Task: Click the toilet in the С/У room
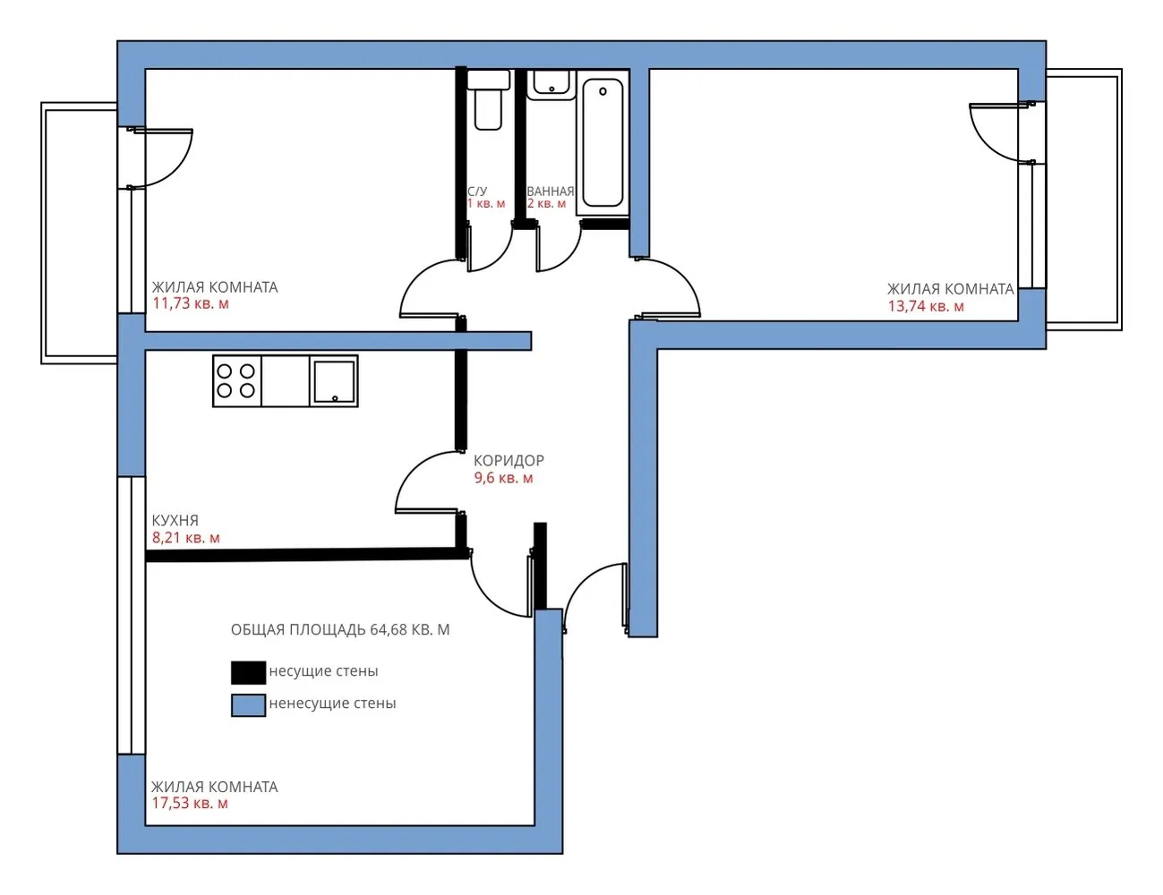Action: [x=488, y=100]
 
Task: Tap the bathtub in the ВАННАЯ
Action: [x=603, y=142]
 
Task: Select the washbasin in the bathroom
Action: [x=552, y=84]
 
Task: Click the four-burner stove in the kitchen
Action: [x=236, y=381]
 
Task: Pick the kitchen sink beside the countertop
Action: [x=334, y=381]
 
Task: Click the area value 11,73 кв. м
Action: [x=191, y=304]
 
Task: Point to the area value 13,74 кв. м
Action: [x=926, y=306]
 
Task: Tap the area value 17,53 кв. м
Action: [x=190, y=804]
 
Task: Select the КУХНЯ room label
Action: [x=175, y=521]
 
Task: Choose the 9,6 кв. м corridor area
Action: [x=504, y=478]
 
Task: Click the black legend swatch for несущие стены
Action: [x=248, y=672]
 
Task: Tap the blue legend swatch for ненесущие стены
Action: [x=248, y=705]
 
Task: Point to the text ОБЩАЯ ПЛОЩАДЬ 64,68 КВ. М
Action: [x=340, y=630]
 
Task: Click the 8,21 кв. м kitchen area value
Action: [x=185, y=538]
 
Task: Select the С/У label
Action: [x=477, y=192]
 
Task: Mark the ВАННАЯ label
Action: [x=551, y=191]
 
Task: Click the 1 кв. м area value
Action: [x=486, y=204]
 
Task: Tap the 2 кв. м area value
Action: [x=546, y=204]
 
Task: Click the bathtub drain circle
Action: [x=603, y=91]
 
